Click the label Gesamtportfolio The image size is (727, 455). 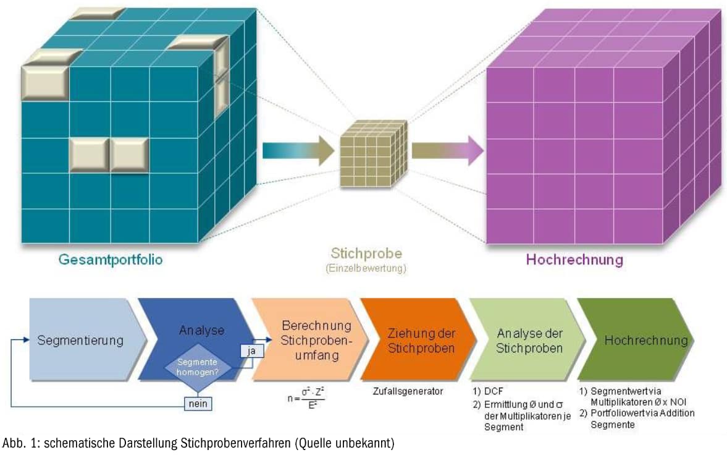click(111, 259)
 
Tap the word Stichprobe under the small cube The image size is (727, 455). click(367, 253)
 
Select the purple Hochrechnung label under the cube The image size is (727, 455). click(574, 259)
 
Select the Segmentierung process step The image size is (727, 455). click(80, 340)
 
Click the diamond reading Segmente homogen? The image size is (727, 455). click(198, 367)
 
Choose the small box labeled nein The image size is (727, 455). click(198, 403)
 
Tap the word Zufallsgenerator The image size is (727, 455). click(408, 391)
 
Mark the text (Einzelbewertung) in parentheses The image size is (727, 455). click(367, 268)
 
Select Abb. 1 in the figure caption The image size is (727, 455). click(17, 443)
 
